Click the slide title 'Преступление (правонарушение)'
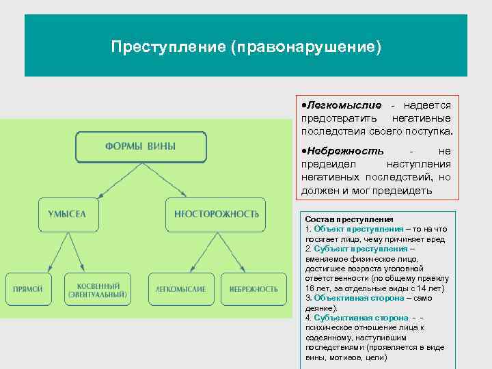(246, 47)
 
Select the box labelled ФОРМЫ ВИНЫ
(140, 146)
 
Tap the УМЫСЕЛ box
(68, 214)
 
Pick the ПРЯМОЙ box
(28, 289)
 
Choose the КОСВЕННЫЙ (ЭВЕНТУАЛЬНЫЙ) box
(97, 289)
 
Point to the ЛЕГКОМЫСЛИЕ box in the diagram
(180, 289)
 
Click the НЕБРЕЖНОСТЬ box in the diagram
(254, 289)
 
